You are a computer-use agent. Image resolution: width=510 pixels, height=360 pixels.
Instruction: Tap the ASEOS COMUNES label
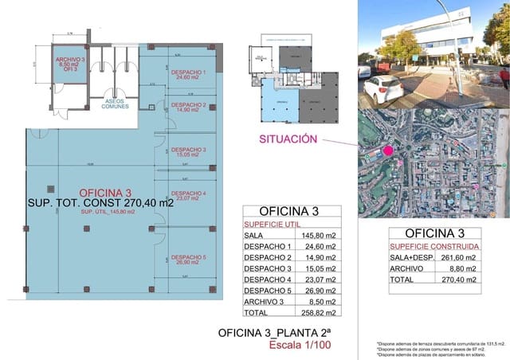coord(114,106)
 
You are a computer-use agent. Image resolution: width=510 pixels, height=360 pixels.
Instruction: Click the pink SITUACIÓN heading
coord(288,139)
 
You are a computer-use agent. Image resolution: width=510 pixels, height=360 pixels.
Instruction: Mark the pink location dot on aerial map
coord(388,151)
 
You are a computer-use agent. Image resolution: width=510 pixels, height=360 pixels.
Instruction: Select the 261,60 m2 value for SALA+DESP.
coord(460,258)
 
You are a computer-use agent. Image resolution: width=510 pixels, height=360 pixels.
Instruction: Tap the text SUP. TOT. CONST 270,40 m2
coord(100,202)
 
